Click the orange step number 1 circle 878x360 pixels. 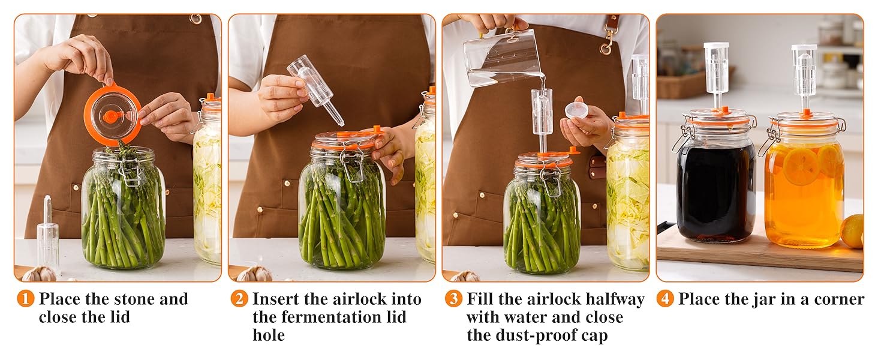point(25,299)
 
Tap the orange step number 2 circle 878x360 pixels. point(239,299)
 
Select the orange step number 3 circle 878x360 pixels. point(453,299)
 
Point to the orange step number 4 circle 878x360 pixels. point(665,299)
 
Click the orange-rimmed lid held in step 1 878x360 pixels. point(113,113)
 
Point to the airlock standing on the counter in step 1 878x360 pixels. point(48,235)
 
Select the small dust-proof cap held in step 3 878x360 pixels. point(576,110)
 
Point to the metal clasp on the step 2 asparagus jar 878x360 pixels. point(351,161)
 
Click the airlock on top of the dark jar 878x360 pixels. point(716,74)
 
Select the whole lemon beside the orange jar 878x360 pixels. point(853,232)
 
